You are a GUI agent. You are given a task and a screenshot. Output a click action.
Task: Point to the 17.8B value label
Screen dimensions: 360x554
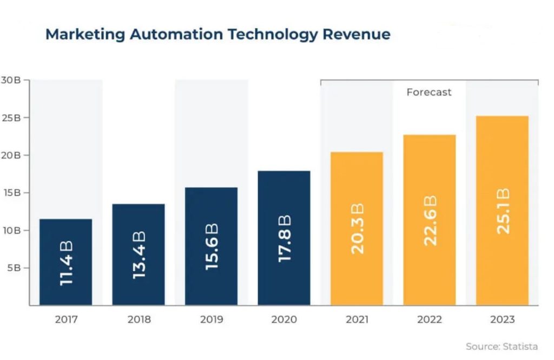tap(284, 239)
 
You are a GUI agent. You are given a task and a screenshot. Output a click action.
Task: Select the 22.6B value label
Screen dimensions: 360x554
tap(430, 221)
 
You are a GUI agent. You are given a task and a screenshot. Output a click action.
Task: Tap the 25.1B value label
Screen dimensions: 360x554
tap(503, 211)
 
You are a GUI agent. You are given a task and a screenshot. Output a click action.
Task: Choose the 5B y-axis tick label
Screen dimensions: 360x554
tap(14, 268)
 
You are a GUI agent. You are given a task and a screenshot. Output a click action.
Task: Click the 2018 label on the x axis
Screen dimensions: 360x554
tap(138, 319)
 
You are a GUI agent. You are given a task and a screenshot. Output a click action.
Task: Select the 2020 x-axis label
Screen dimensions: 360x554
tap(284, 319)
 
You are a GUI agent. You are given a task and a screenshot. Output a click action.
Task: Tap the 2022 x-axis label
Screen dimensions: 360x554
tap(430, 319)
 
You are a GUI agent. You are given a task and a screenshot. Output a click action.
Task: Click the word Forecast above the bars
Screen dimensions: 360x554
tap(428, 93)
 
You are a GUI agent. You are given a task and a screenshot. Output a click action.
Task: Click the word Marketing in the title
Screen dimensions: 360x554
tap(85, 35)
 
